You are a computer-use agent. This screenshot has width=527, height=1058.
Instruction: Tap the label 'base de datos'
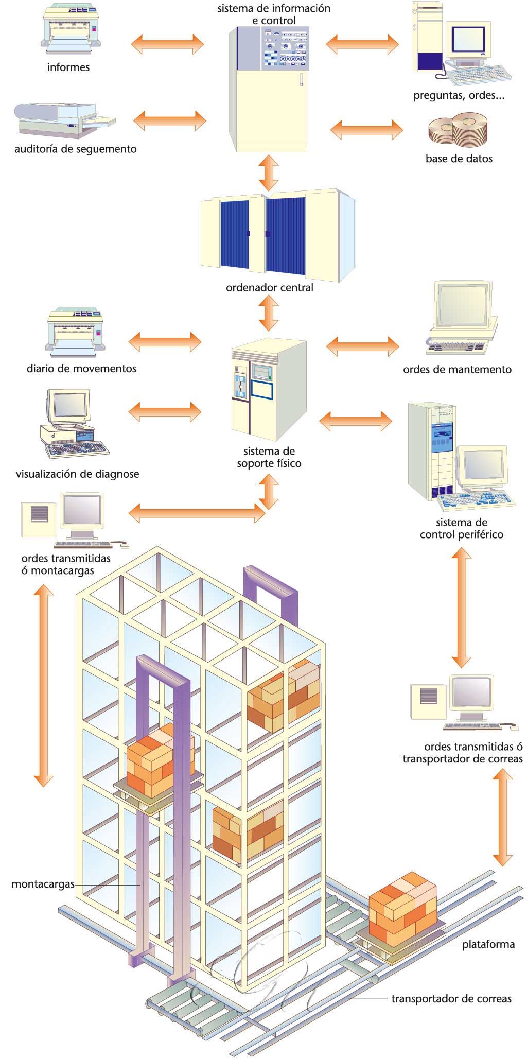459,159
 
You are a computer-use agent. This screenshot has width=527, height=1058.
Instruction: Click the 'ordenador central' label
269,287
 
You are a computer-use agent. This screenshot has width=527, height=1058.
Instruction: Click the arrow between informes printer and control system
168,44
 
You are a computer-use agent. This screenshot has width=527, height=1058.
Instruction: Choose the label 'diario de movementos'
81,368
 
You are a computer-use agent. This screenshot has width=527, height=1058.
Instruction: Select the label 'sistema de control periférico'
461,528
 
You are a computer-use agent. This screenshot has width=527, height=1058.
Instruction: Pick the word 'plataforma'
488,944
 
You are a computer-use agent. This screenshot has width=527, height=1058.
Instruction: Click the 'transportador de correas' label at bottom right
451,999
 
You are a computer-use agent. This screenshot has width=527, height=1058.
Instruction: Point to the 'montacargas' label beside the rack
43,884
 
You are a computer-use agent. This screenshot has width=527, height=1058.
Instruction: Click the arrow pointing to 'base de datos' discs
366,130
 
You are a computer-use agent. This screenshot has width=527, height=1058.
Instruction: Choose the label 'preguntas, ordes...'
459,96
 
